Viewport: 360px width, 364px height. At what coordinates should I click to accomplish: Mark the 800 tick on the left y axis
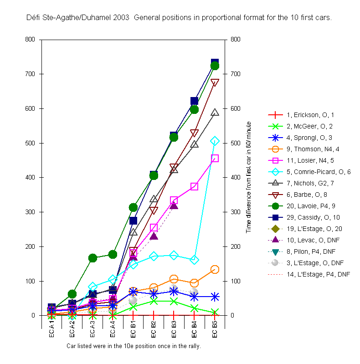[31, 40]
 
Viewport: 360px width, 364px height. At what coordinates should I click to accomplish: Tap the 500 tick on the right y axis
[236, 143]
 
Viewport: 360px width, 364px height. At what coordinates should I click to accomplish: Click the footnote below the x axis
[134, 346]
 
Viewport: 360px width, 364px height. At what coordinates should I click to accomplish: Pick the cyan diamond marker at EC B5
[215, 141]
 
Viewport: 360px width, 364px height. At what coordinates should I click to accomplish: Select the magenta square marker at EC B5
[215, 159]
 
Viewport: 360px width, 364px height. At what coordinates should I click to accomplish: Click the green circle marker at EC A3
[93, 258]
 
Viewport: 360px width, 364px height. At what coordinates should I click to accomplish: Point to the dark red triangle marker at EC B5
[215, 82]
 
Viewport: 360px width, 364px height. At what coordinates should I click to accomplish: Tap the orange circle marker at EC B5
[215, 269]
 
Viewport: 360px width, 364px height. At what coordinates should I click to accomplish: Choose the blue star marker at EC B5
[215, 297]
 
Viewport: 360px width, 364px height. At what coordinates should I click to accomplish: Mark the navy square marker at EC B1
[134, 220]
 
